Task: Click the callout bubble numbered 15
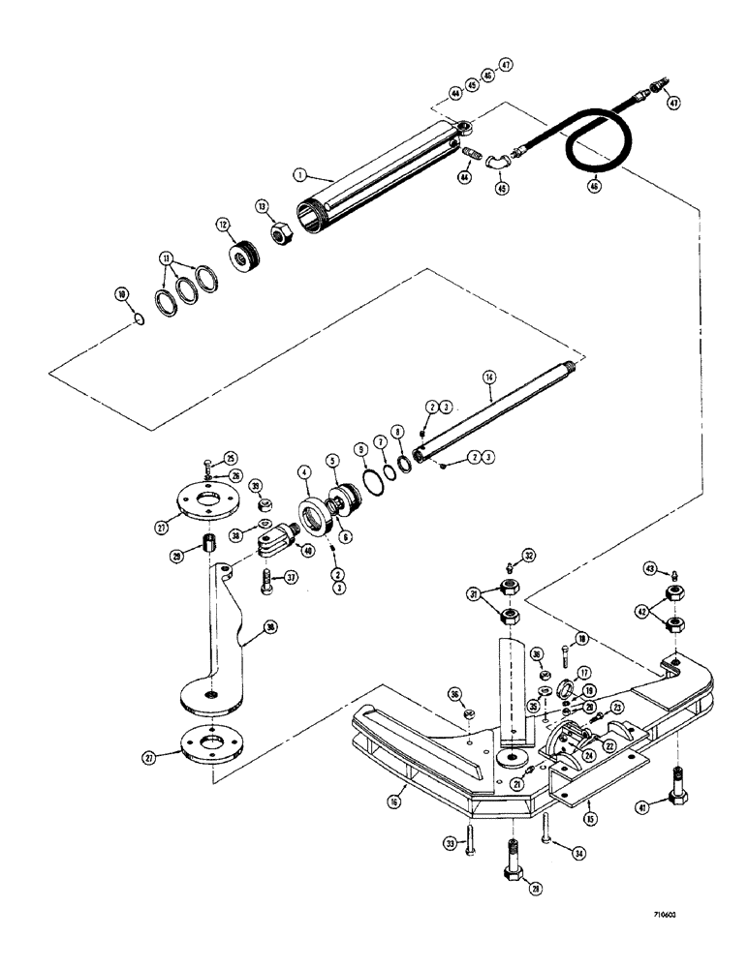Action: click(591, 817)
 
